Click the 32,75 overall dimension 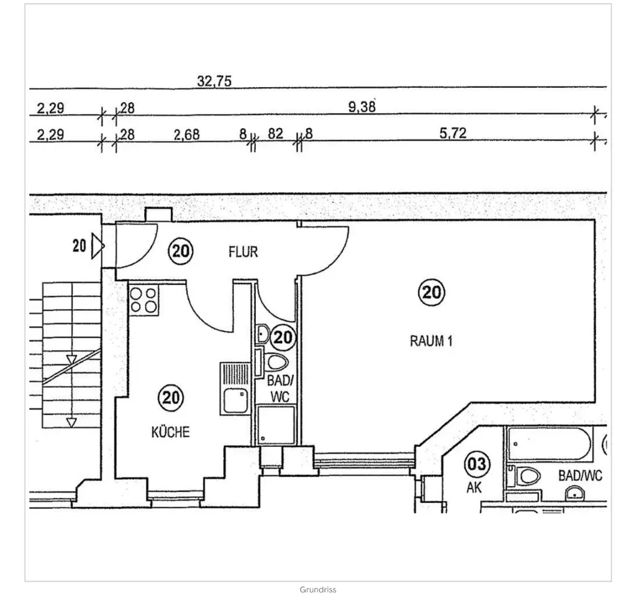coord(214,81)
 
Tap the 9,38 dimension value coord(361,107)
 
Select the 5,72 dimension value coord(453,133)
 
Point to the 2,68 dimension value coord(186,135)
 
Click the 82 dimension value coord(275,134)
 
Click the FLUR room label coord(243,252)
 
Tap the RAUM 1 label coord(431,341)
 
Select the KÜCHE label coord(170,432)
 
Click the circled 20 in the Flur coord(181,251)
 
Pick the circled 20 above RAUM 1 coord(432,293)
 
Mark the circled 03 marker coord(477,464)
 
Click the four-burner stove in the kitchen coord(143,300)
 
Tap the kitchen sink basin coord(235,400)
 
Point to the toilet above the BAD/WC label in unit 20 coord(277,362)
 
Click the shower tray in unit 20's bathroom coord(276,425)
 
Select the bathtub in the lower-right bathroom coord(550,443)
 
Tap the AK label coord(474,487)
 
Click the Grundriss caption coord(318,590)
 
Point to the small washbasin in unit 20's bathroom coord(263,334)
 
